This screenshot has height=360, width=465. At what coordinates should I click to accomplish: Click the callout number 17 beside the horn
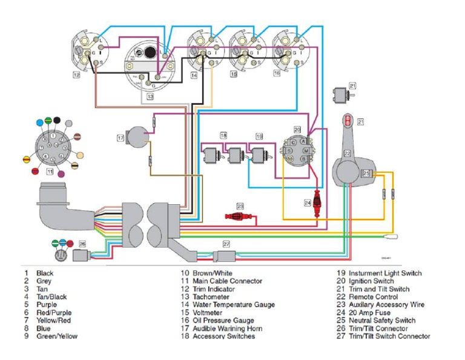click(120, 138)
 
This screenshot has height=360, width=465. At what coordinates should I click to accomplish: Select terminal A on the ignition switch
click(306, 141)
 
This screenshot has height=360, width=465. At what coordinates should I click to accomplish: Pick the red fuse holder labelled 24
click(317, 208)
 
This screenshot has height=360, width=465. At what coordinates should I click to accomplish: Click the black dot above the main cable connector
click(56, 120)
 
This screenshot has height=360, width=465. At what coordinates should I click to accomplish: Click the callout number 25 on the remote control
click(366, 173)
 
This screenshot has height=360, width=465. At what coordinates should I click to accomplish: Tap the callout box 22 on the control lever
click(348, 153)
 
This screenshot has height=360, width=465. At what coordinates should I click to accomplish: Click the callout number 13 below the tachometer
click(150, 96)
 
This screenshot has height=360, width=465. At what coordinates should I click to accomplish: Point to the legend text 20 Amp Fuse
click(368, 313)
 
